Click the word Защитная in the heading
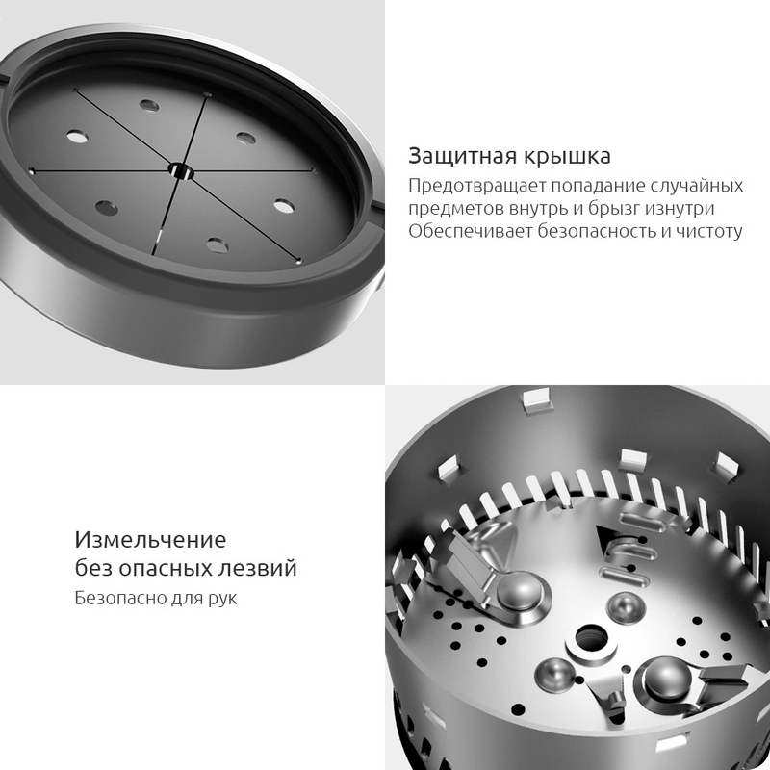click(x=463, y=156)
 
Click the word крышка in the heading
click(x=567, y=156)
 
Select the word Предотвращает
click(x=476, y=186)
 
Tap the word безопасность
click(x=596, y=231)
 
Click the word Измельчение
click(x=150, y=540)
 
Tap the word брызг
click(x=614, y=209)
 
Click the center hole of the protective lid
click(x=181, y=171)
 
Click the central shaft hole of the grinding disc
click(x=591, y=639)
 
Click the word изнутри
click(x=680, y=209)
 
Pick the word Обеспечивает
click(x=470, y=231)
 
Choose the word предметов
click(x=455, y=209)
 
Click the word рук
click(x=222, y=599)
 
